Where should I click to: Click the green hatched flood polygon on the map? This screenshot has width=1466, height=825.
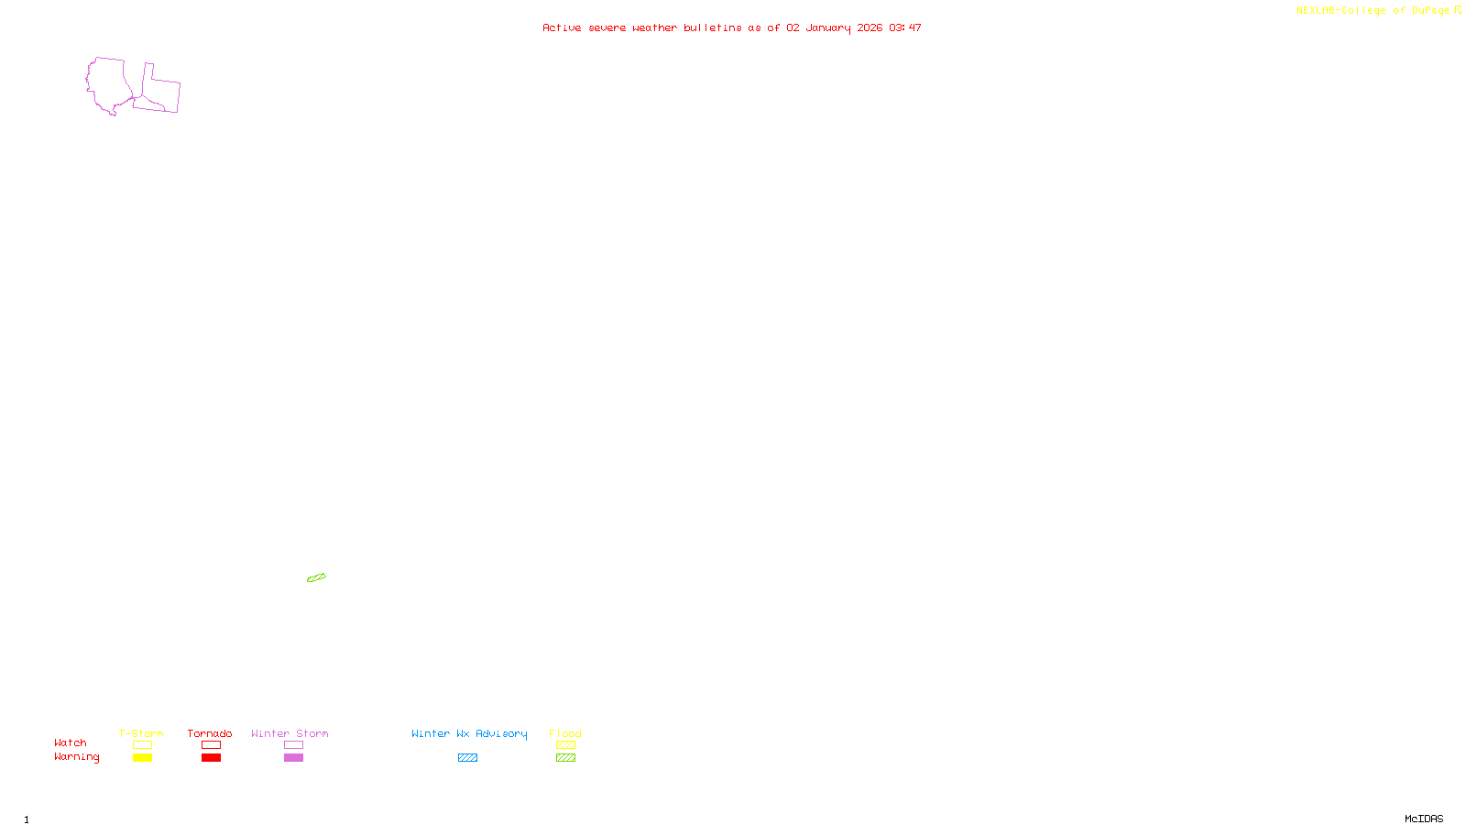pos(316,577)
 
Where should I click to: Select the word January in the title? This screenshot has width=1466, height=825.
pos(827,27)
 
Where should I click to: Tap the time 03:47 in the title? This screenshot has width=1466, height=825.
pos(904,27)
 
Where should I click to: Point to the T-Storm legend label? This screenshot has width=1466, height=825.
pos(141,733)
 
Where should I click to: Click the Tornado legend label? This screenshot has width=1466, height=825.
pos(210,733)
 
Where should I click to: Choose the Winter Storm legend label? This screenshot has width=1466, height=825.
pos(290,733)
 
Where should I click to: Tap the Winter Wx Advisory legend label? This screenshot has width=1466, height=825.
pos(469,733)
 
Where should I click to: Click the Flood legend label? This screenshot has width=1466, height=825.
pos(565,733)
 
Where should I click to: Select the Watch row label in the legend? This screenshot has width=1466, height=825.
pos(71,742)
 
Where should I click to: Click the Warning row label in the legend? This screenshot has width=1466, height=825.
pos(76,757)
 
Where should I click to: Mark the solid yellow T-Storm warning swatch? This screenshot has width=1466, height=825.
pos(142,758)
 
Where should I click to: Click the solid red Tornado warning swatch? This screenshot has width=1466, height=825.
pos(211,758)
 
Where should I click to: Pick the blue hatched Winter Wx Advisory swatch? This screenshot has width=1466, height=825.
pos(467,758)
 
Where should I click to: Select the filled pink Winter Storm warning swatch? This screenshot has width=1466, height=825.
pos(293,758)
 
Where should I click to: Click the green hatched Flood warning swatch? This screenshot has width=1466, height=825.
pos(565,758)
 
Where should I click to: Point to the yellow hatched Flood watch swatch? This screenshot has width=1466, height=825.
pos(565,745)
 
